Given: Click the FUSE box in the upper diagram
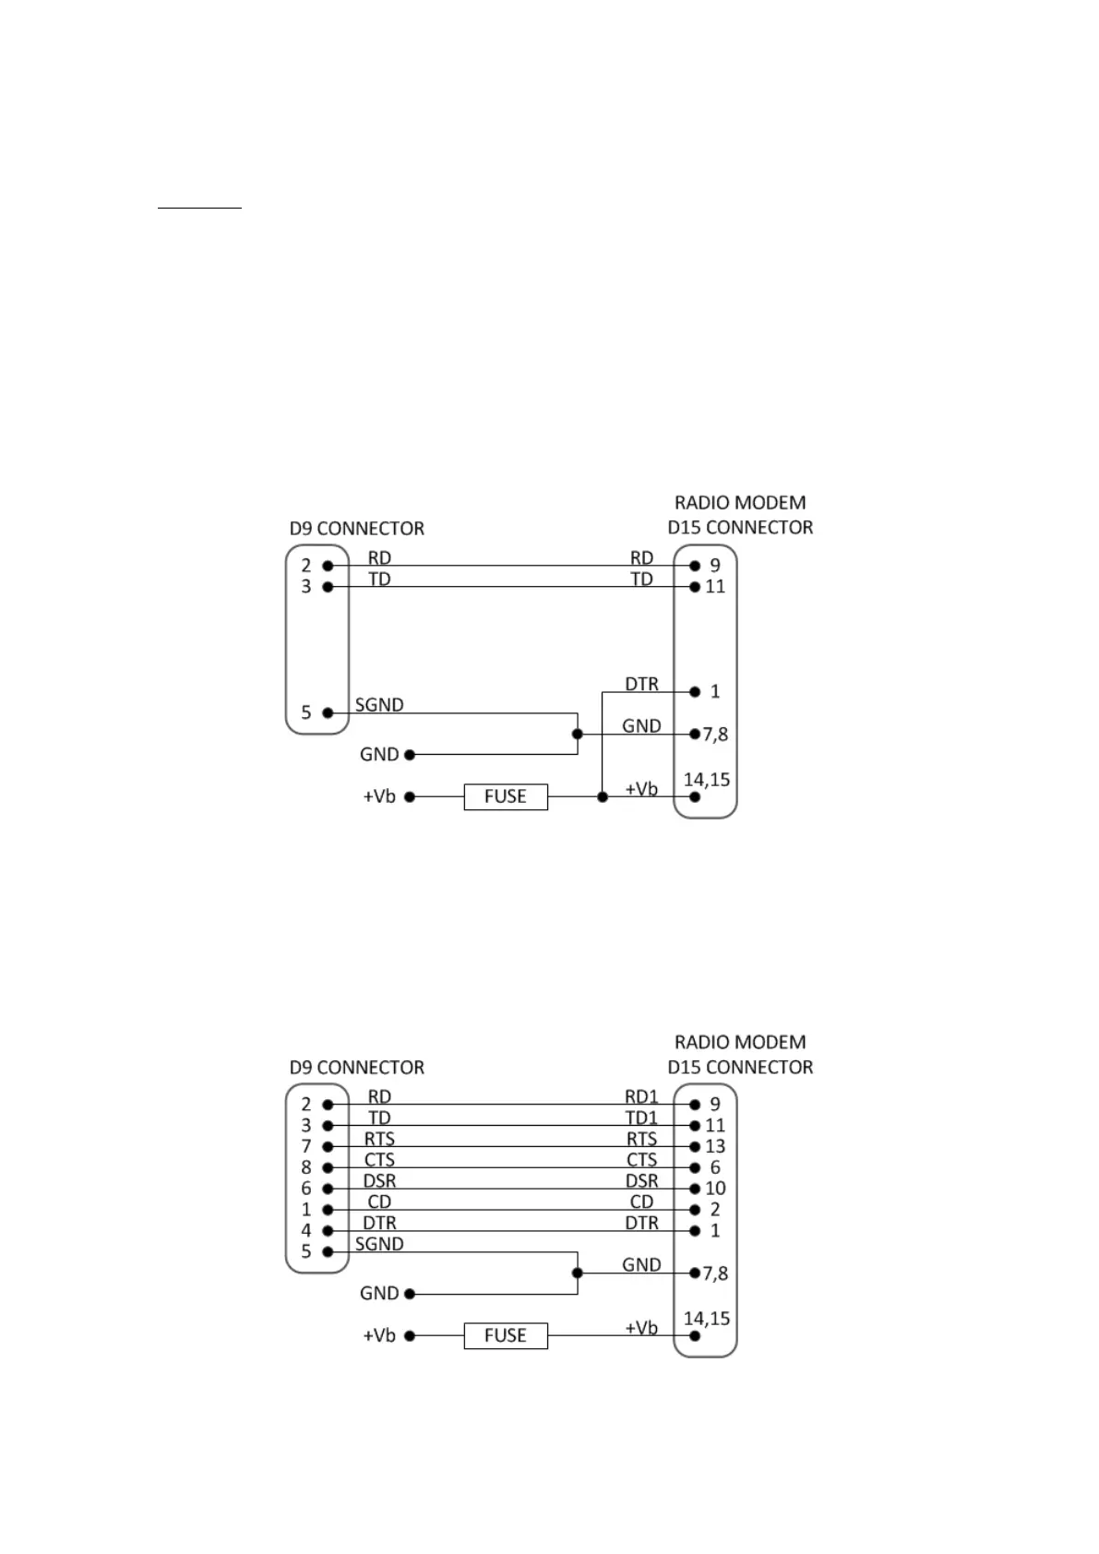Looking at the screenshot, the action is pos(505,796).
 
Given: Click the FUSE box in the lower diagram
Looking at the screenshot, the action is pos(505,1335).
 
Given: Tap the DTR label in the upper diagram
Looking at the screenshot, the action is pos(641,684).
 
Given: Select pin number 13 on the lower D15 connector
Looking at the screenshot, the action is pos(715,1146).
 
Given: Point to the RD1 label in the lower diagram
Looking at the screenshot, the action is pos(641,1096).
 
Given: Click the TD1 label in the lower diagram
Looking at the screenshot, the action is pos(641,1118).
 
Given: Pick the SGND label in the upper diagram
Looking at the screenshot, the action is pos(379,705).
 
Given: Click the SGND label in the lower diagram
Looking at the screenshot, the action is pos(379,1244).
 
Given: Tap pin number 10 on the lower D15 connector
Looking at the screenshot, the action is pos(715,1189).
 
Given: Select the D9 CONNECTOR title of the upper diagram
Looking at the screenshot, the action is pos(357,529).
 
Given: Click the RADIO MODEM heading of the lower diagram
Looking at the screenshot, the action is pos(740,1042).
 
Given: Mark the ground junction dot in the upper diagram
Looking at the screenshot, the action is pos(578,735).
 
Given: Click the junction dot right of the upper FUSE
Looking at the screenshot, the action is pos(602,796).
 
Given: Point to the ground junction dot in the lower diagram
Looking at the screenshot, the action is pos(578,1273).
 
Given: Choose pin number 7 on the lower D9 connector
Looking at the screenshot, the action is pos(306,1146).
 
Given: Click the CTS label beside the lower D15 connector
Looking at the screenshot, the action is pos(641,1160).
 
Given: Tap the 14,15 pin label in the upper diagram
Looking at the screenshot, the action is pos(707,780).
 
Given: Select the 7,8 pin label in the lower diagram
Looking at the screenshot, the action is pos(715,1273).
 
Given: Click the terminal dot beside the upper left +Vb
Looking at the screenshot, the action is pos(410,796).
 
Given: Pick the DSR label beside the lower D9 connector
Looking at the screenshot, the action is pos(379,1180).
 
